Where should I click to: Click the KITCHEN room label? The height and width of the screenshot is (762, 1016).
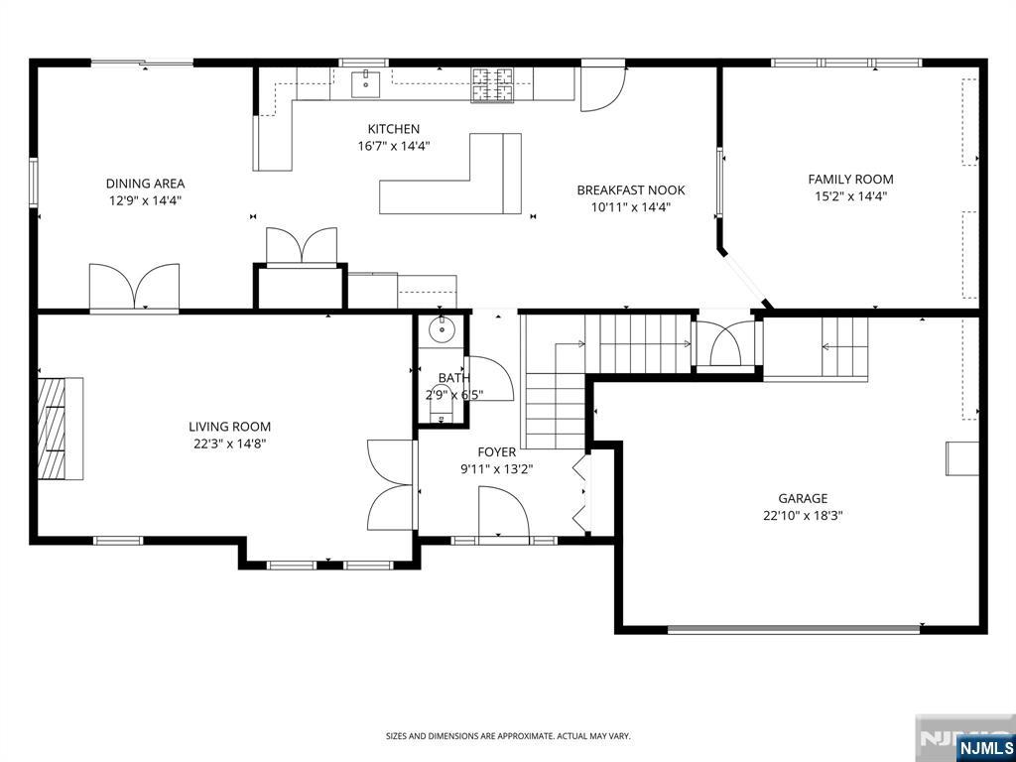click(x=393, y=129)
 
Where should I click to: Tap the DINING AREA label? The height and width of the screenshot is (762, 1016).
click(x=145, y=184)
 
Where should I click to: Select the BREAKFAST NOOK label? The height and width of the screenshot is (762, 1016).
click(x=630, y=190)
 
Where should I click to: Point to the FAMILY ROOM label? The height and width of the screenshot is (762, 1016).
click(x=850, y=179)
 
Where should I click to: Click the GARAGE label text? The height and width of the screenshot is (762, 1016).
click(x=803, y=498)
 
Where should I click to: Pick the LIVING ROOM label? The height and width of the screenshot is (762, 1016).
click(x=229, y=427)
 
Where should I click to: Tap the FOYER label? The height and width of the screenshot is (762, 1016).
click(x=497, y=452)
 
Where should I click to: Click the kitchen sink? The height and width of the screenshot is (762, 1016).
click(x=365, y=84)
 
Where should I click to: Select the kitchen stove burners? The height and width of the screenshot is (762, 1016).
click(x=492, y=85)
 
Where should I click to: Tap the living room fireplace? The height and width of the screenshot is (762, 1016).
click(x=61, y=429)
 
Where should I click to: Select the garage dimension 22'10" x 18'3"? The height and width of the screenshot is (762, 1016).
click(x=803, y=516)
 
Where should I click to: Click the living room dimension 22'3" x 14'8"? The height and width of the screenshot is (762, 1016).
click(x=228, y=444)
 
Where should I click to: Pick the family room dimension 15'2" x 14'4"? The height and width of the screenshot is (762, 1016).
click(x=850, y=196)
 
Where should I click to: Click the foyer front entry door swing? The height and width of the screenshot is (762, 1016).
click(x=503, y=511)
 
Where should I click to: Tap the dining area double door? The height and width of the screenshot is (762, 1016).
click(x=134, y=287)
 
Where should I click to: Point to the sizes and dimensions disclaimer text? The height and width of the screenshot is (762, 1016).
click(x=508, y=736)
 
